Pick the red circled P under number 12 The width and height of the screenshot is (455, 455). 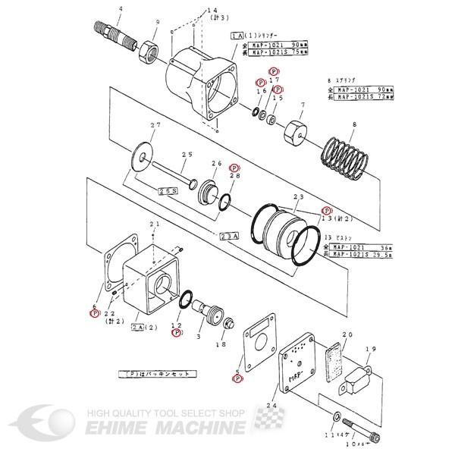176,332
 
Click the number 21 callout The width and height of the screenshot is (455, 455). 155,224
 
